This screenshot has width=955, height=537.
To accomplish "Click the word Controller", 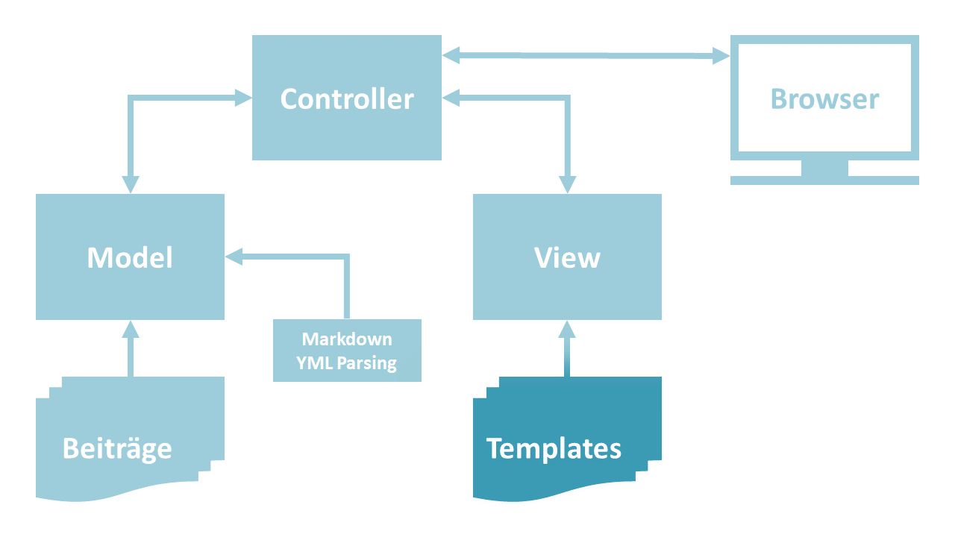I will pyautogui.click(x=347, y=99).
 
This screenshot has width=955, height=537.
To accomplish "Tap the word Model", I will pyautogui.click(x=130, y=258).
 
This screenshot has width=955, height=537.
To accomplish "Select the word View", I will pyautogui.click(x=567, y=258).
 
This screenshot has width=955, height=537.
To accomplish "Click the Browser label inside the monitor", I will pyautogui.click(x=824, y=99).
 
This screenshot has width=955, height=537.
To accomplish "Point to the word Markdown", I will pyautogui.click(x=347, y=339).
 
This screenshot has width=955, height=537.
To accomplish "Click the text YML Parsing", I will pyautogui.click(x=347, y=363).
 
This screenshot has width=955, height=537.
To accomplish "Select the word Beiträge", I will pyautogui.click(x=117, y=448).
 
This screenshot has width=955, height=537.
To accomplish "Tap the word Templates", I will pyautogui.click(x=554, y=448).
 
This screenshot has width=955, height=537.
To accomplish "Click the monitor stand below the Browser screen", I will pyautogui.click(x=824, y=170).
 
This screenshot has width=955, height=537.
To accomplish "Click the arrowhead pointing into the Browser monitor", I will pyautogui.click(x=721, y=56).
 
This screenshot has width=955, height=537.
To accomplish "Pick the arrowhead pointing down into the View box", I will pyautogui.click(x=567, y=184).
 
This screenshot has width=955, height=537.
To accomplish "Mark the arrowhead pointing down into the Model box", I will pyautogui.click(x=131, y=184).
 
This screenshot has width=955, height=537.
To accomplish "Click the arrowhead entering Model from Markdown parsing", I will pyautogui.click(x=234, y=257).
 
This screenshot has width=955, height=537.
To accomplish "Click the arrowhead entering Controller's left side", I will pyautogui.click(x=243, y=97).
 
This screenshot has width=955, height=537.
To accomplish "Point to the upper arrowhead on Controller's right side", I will pyautogui.click(x=451, y=55).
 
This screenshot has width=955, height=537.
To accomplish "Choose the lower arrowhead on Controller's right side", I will pyautogui.click(x=451, y=97).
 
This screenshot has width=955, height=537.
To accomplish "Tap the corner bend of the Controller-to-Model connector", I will pyautogui.click(x=131, y=98).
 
